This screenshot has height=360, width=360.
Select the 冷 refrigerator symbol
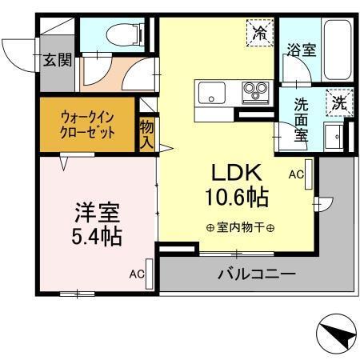[260, 33]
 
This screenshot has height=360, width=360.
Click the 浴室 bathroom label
[302, 50]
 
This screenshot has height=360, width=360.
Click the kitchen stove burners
[255, 91]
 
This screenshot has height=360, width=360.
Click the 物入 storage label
[146, 134]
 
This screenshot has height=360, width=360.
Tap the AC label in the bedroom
[138, 274]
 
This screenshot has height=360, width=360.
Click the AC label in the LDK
[294, 173]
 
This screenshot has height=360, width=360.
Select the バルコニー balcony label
[257, 274]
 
